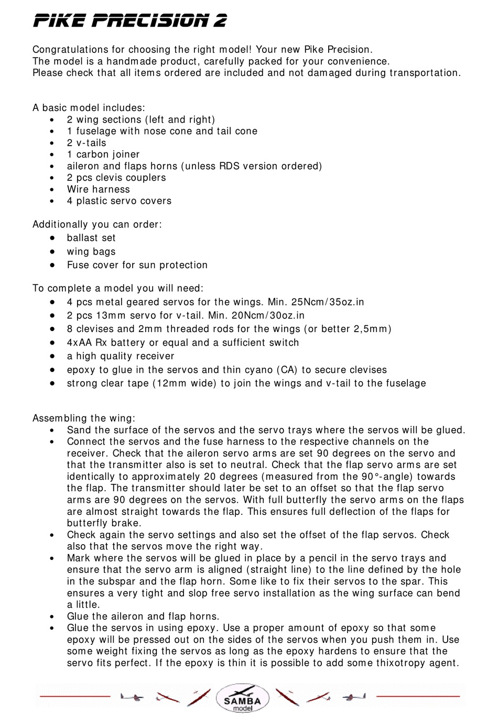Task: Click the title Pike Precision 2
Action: click(x=130, y=21)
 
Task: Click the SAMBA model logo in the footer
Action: click(x=242, y=699)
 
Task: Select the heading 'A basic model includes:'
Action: click(x=89, y=108)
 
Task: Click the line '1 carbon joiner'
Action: click(x=103, y=155)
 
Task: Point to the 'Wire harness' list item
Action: click(x=98, y=190)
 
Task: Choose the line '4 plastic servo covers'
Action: click(x=119, y=201)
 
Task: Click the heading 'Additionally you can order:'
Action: click(x=97, y=225)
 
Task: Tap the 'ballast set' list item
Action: click(x=91, y=238)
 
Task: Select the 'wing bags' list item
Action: click(x=91, y=252)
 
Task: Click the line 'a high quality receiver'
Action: click(x=121, y=357)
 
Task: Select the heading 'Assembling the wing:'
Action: click(x=84, y=418)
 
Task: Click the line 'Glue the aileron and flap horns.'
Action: click(x=143, y=616)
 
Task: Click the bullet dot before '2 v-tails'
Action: click(x=52, y=143)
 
